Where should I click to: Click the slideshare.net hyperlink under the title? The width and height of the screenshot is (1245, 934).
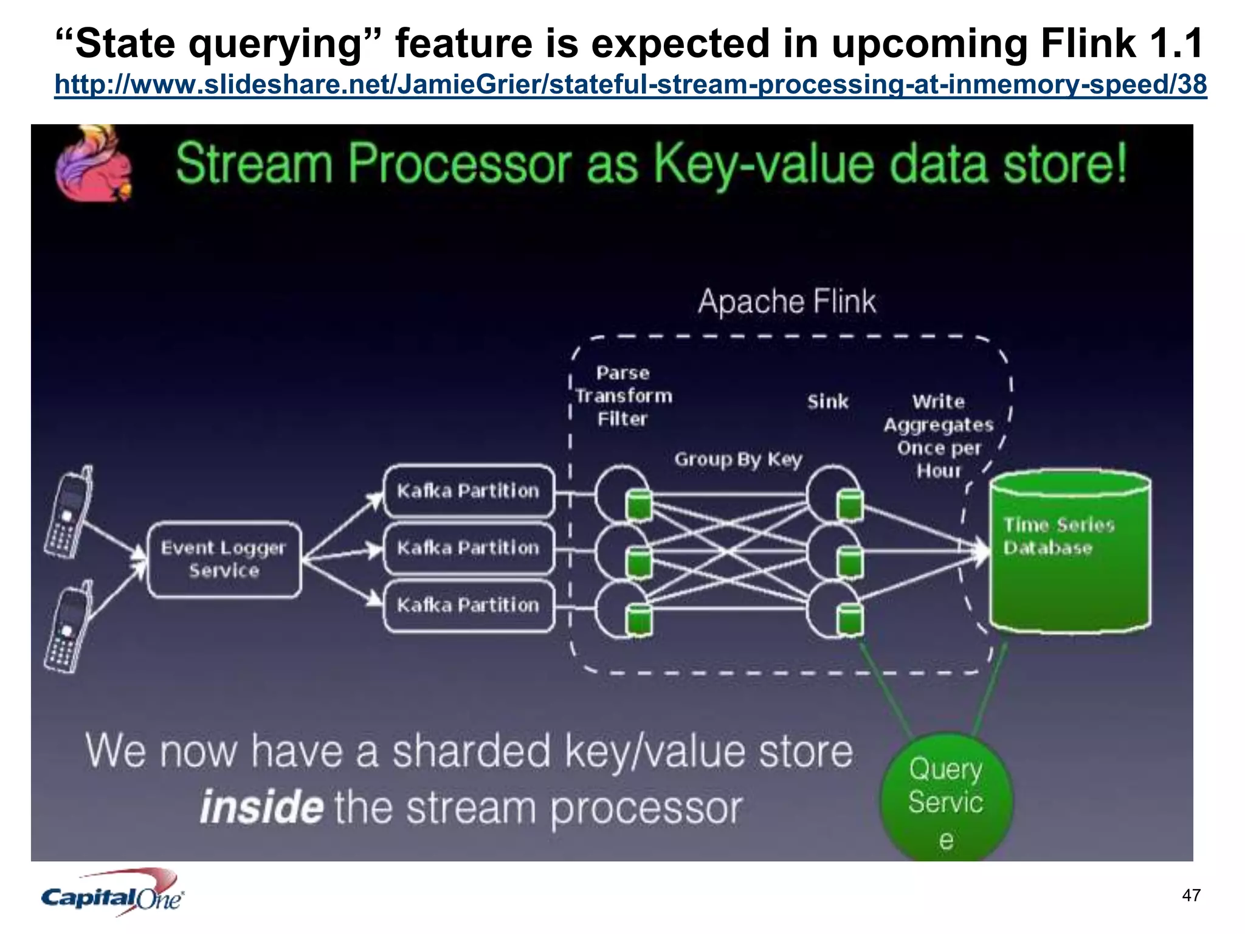point(630,84)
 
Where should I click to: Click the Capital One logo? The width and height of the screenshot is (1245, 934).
point(112,894)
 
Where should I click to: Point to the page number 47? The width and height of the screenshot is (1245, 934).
point(1191,895)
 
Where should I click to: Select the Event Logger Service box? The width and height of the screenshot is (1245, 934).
point(224,559)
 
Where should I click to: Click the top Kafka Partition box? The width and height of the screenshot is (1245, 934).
point(469,491)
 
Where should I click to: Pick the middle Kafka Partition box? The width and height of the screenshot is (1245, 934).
point(469,548)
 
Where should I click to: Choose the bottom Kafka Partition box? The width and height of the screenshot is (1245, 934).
point(469,605)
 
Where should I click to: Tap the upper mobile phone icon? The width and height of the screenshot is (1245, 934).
point(69,512)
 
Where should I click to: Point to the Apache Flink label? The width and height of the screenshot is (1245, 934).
point(787,302)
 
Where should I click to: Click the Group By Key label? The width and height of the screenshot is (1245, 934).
point(738,459)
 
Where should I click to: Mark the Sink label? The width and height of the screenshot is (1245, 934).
point(827,402)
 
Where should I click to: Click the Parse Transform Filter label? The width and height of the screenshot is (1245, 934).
point(623,396)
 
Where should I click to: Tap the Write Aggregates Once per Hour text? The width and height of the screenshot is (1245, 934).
point(938,436)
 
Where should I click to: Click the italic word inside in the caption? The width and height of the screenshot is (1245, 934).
point(261,808)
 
